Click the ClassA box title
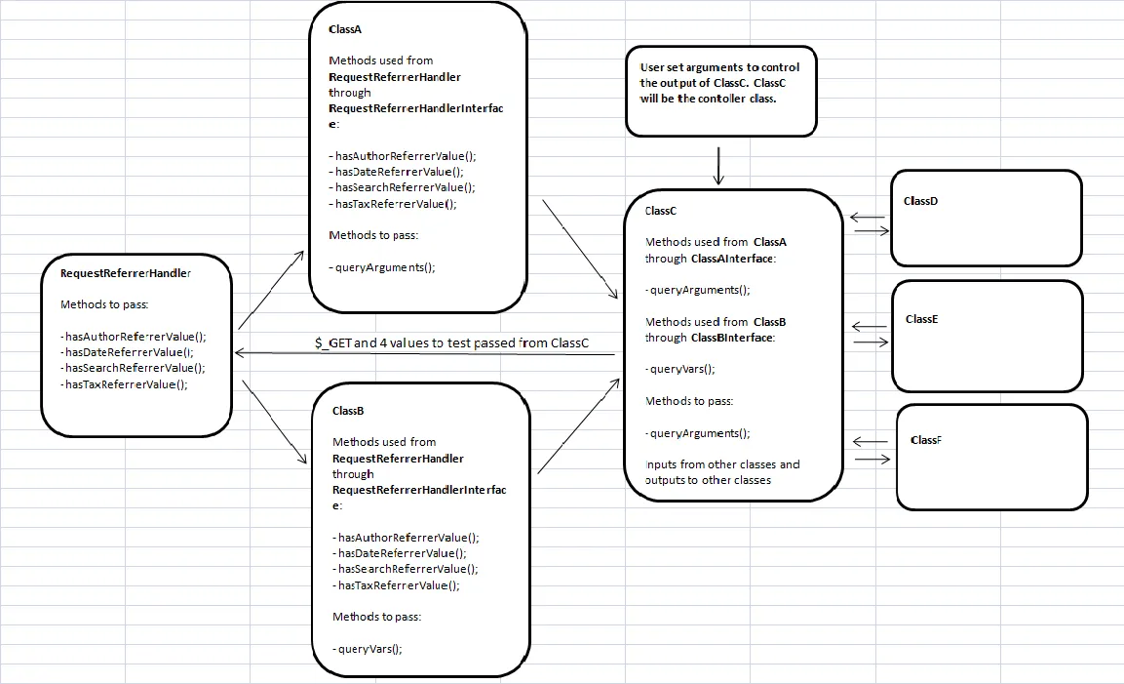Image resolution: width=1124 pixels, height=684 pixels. (345, 29)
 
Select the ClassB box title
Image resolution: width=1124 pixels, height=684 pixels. (348, 411)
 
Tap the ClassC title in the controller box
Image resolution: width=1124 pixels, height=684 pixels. (660, 211)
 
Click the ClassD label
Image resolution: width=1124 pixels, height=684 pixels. (920, 201)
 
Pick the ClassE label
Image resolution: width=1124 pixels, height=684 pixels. (922, 319)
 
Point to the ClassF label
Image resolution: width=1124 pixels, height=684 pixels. (926, 440)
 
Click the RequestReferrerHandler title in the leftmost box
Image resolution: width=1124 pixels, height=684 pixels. (126, 273)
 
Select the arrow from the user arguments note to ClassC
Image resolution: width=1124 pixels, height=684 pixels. (718, 166)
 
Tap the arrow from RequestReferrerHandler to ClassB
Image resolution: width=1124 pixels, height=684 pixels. (275, 422)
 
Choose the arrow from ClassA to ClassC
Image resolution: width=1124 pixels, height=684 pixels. (580, 249)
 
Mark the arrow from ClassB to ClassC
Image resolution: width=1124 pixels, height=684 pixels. (578, 425)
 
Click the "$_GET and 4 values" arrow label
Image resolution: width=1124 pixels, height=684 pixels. (451, 343)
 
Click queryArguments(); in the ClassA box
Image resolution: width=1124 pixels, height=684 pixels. (382, 267)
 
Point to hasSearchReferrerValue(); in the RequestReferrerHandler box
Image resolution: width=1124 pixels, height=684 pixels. (133, 368)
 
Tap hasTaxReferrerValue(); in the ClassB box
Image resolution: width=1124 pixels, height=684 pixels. (397, 585)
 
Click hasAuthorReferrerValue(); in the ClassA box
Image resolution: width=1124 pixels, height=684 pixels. (403, 156)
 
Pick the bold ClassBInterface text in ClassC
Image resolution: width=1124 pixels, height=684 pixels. (732, 338)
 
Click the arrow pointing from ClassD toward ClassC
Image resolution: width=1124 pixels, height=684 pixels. (868, 218)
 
